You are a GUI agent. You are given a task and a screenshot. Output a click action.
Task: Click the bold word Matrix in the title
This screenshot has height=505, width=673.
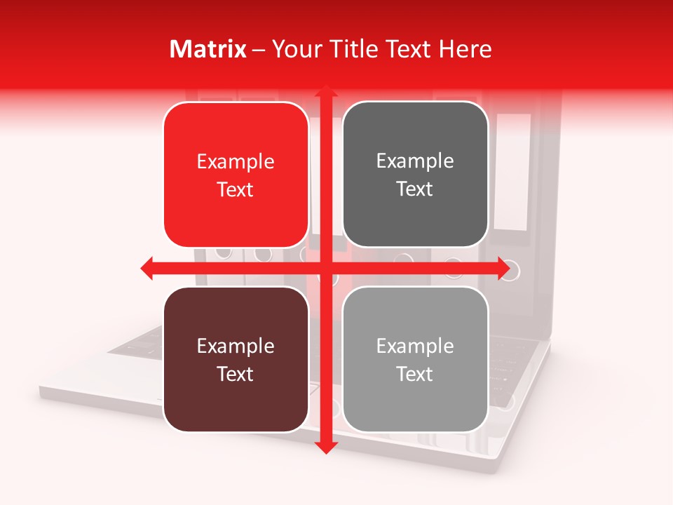tap(208, 49)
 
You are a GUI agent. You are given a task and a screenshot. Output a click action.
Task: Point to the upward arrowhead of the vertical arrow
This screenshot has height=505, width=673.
tap(325, 92)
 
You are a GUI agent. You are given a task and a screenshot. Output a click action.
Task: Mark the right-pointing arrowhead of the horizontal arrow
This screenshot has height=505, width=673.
tap(503, 269)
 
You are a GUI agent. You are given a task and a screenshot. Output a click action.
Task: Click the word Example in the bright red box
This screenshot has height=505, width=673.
tap(236, 162)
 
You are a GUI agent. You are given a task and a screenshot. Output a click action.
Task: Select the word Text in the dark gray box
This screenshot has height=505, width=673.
tap(415, 189)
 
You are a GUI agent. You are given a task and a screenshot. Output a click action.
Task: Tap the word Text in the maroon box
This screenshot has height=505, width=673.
tap(236, 374)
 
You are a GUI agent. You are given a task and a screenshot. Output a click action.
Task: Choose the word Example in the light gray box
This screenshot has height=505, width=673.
tap(415, 346)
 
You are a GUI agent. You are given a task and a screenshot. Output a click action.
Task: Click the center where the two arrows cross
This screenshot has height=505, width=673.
tap(325, 269)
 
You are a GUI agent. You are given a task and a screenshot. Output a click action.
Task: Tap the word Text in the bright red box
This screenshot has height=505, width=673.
tap(236, 189)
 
